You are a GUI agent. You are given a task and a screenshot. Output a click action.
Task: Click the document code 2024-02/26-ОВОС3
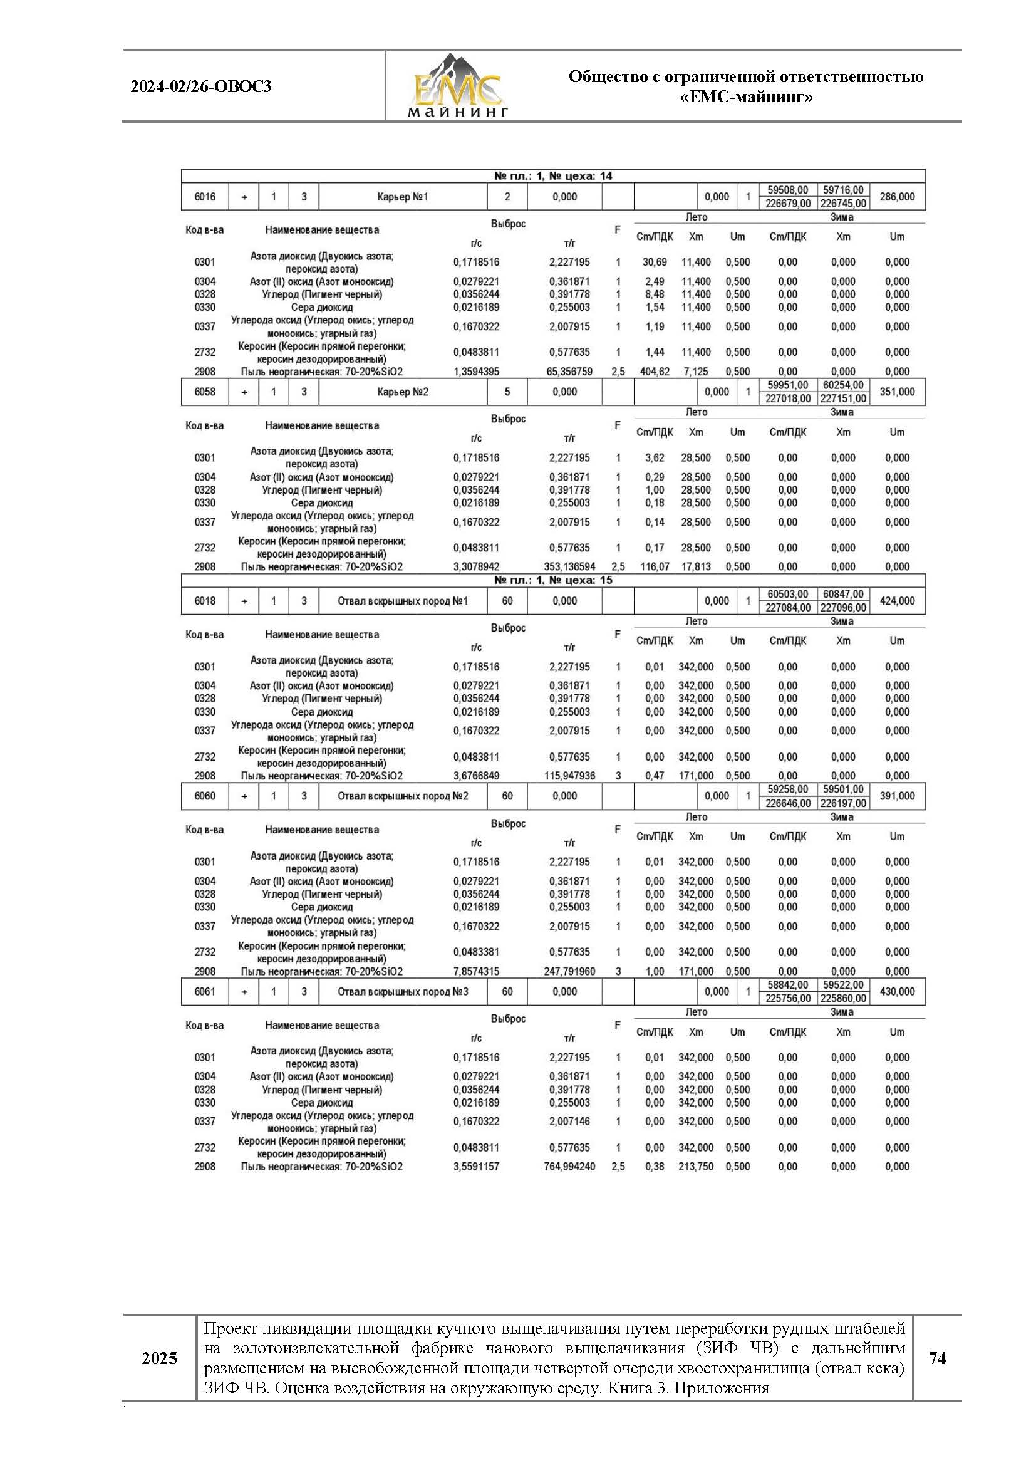click(201, 86)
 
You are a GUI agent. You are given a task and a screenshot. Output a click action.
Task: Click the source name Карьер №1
click(403, 197)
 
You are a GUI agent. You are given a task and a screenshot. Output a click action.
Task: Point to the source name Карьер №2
click(403, 392)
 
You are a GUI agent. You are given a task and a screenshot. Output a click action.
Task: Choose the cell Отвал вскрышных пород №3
click(403, 992)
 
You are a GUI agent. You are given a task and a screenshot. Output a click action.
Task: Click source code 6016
click(205, 197)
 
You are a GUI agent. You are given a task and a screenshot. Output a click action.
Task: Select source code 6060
click(205, 796)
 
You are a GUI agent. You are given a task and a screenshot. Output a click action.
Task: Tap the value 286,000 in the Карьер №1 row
click(896, 197)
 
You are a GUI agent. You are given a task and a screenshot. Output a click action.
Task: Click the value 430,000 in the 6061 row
click(896, 992)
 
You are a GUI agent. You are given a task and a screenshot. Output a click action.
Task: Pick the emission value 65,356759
click(569, 372)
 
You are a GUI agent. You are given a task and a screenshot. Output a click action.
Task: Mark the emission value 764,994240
click(569, 1167)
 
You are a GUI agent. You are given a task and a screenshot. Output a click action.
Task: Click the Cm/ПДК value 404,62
click(654, 372)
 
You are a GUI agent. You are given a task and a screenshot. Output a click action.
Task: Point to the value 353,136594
click(569, 566)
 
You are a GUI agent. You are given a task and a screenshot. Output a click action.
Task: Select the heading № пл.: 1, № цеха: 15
click(552, 580)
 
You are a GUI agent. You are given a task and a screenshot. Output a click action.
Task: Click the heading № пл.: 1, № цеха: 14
click(552, 176)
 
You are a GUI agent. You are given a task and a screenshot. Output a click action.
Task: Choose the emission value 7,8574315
click(476, 971)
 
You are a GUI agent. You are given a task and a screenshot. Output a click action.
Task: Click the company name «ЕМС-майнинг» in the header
click(746, 98)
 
